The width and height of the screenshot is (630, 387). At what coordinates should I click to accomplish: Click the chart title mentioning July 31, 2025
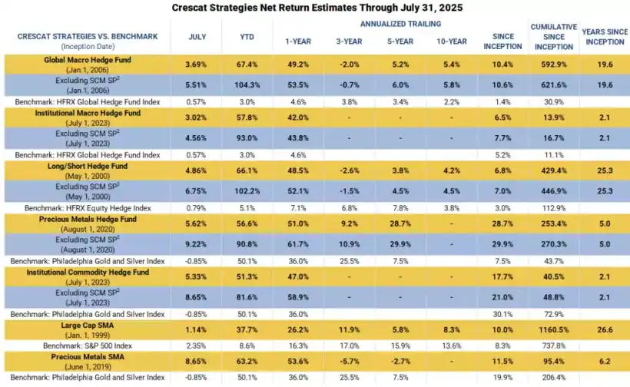(x=315, y=7)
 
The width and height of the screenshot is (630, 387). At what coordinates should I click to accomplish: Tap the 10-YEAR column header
(x=450, y=42)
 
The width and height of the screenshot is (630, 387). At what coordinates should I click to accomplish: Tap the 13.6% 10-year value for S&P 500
(x=450, y=346)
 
